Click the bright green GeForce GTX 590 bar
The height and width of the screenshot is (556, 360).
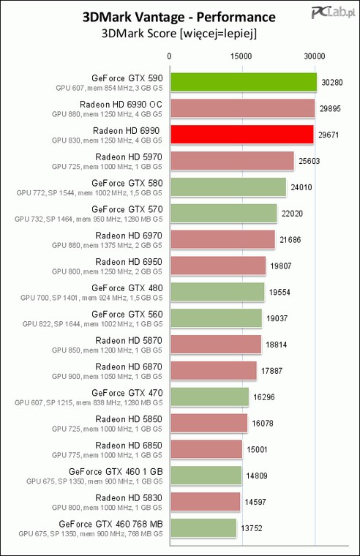pos(244,82)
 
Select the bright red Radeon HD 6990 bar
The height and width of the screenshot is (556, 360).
pos(242,135)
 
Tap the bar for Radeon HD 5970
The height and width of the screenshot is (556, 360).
pos(232,161)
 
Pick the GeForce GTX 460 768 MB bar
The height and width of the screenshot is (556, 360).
pos(203,528)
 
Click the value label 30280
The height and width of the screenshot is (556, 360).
pos(332,82)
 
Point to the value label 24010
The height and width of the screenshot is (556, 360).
pos(301,187)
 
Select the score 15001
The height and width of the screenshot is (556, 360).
pos(257,450)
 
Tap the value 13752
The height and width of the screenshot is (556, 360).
pos(252,528)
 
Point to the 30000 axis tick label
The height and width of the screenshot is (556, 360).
pos(314,56)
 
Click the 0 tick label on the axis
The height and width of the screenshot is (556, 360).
pos(169,56)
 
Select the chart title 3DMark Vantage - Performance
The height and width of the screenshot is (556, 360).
pos(179,17)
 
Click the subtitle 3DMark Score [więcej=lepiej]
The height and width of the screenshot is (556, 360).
pos(179,34)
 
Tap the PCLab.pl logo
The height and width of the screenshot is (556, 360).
pos(333,12)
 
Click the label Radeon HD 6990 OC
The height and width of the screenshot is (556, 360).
pos(121,104)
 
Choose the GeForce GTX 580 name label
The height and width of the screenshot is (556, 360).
pos(127,183)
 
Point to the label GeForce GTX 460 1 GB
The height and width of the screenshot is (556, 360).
pos(116,472)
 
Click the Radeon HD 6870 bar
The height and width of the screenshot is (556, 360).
pos(214,371)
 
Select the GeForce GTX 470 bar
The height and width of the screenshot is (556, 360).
pos(210,397)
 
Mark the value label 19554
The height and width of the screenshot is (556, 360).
pos(280,292)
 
